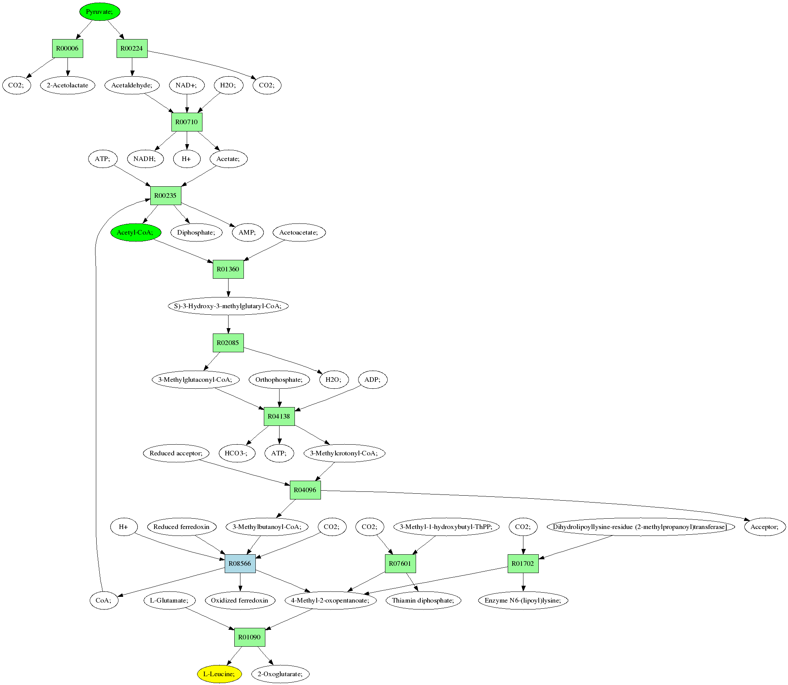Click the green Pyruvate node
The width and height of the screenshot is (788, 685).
(100, 11)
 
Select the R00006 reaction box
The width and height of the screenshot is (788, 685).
(67, 48)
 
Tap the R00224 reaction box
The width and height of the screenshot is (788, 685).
(132, 48)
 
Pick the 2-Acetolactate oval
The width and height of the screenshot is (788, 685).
(67, 85)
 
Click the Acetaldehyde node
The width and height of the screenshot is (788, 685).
(132, 85)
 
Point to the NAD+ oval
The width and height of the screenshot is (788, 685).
(186, 85)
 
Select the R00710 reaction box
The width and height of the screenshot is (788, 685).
(187, 122)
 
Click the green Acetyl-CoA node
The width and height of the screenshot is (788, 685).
(135, 232)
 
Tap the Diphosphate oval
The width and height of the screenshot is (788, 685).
(196, 232)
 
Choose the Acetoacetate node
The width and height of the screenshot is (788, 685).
(299, 232)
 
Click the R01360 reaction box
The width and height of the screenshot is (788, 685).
(228, 269)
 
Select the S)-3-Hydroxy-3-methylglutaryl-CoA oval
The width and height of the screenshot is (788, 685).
(228, 306)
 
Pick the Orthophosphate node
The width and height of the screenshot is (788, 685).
(279, 379)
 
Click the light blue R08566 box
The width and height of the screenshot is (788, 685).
(240, 563)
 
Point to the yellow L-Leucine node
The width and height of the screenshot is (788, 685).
(219, 674)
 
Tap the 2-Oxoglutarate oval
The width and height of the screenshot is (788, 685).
(280, 674)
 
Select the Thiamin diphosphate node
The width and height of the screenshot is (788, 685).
(423, 600)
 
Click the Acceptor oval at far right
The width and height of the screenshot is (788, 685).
(765, 527)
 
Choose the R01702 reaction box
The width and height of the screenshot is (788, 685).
(523, 563)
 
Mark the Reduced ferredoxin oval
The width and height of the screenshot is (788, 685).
(181, 527)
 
